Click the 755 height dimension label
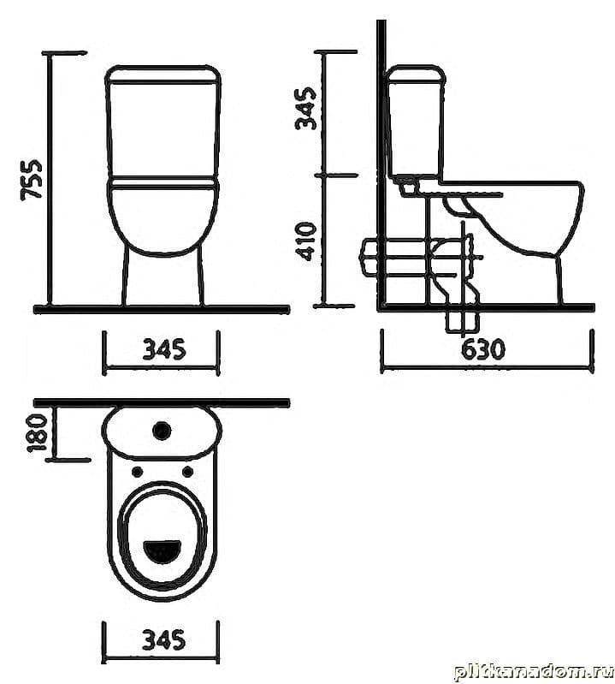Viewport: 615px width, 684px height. (x=32, y=180)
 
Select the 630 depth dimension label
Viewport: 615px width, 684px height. (x=483, y=348)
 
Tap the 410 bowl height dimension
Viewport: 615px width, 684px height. (x=305, y=241)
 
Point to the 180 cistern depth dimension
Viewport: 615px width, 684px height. (x=37, y=433)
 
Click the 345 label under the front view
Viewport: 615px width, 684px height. (x=164, y=349)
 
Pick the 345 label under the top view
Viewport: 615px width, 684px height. (x=164, y=639)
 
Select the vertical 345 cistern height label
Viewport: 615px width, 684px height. (x=305, y=108)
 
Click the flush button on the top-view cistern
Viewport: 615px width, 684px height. (x=162, y=431)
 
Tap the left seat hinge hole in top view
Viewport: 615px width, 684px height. (x=136, y=471)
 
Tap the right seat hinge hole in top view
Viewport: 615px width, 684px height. (x=187, y=471)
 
